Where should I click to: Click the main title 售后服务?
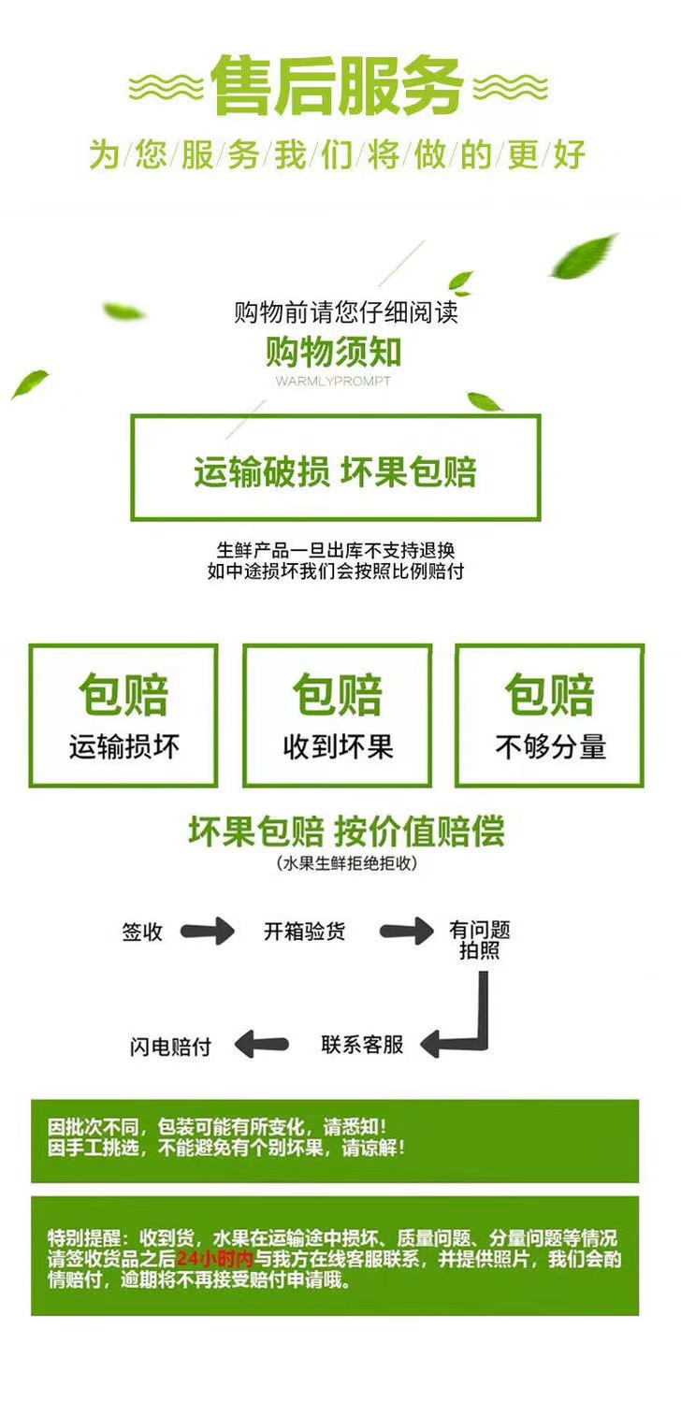[338, 87]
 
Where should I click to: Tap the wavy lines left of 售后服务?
[166, 89]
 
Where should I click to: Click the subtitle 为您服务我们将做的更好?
[338, 154]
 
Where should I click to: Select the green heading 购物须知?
[334, 353]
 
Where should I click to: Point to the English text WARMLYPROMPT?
[334, 382]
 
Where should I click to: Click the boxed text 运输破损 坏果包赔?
[335, 470]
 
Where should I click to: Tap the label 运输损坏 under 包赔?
[123, 746]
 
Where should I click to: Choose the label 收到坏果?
[338, 746]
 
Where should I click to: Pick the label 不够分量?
[550, 746]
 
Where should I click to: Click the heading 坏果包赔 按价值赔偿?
[346, 831]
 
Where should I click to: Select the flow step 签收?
[142, 932]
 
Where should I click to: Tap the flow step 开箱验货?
[304, 932]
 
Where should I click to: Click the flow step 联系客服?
[362, 1044]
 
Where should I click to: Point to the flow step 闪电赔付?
[169, 1047]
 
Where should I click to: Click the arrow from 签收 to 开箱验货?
[207, 932]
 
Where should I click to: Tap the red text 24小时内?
[214, 1259]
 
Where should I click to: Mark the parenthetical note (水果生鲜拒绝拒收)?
[347, 863]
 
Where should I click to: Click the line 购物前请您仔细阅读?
[346, 311]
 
